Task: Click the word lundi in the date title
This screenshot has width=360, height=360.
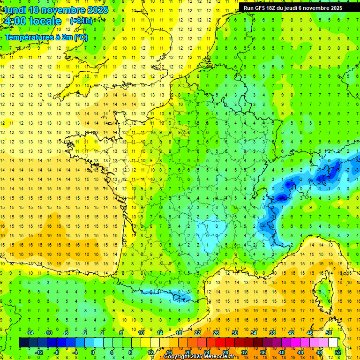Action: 14,10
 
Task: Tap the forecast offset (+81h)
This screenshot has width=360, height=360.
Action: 81,21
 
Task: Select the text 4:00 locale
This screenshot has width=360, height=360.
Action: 32,21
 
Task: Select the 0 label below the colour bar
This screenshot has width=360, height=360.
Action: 92,352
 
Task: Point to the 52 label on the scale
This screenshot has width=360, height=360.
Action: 337,352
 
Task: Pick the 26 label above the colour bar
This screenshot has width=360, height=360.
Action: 216,333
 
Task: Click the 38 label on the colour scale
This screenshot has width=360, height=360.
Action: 272,333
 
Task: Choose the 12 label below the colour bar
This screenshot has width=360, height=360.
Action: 150,352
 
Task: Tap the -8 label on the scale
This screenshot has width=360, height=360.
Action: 56,352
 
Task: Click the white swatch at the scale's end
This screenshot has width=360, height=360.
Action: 333,343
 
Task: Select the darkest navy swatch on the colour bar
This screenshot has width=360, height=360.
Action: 23,343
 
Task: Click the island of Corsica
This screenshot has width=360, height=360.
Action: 322,291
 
